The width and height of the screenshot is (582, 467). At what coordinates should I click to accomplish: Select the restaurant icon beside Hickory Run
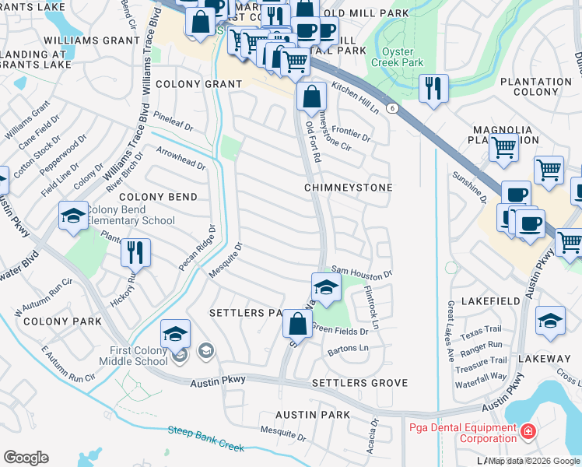click(x=135, y=252)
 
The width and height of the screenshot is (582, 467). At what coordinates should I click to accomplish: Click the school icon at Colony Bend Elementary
click(x=73, y=216)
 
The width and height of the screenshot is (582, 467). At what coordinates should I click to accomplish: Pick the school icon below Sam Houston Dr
click(x=326, y=286)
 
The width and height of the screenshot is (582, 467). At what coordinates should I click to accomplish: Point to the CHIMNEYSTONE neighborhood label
click(x=348, y=188)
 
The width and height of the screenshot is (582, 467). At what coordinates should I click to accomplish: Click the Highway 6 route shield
click(x=395, y=109)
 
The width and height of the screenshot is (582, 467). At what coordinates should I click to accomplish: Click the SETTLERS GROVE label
click(x=359, y=384)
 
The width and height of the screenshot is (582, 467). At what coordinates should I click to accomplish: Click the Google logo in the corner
click(x=26, y=458)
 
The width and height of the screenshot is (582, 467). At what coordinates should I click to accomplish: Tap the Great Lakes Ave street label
click(x=450, y=331)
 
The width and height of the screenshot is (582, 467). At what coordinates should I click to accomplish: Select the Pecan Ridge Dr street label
click(x=195, y=249)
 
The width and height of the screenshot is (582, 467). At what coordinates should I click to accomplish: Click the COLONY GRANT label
click(x=198, y=83)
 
